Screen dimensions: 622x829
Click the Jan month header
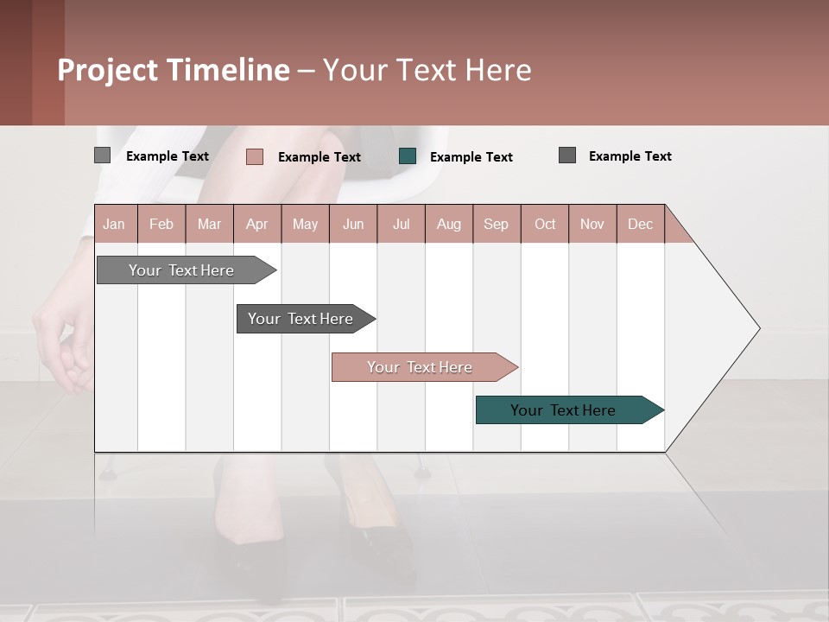(x=114, y=224)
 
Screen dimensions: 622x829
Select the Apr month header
(x=256, y=224)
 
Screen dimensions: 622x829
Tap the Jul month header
(x=401, y=224)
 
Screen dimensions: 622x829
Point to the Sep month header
(x=496, y=224)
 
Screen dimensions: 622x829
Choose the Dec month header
(x=640, y=224)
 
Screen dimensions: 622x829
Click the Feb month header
(x=161, y=224)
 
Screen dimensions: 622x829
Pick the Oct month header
(x=545, y=224)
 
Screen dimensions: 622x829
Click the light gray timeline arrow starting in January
(x=181, y=270)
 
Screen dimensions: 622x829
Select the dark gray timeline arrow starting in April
(x=301, y=319)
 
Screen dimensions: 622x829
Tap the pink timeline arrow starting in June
(x=420, y=367)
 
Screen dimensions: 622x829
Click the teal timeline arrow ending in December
(x=563, y=410)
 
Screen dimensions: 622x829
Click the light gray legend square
(x=102, y=155)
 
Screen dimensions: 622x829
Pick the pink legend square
(x=254, y=156)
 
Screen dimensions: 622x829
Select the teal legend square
(x=408, y=156)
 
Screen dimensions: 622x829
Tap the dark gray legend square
(x=567, y=155)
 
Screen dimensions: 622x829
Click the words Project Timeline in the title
(x=174, y=70)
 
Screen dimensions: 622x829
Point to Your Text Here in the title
(x=427, y=70)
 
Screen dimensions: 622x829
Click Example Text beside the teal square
(x=471, y=157)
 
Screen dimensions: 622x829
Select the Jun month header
(x=353, y=224)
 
